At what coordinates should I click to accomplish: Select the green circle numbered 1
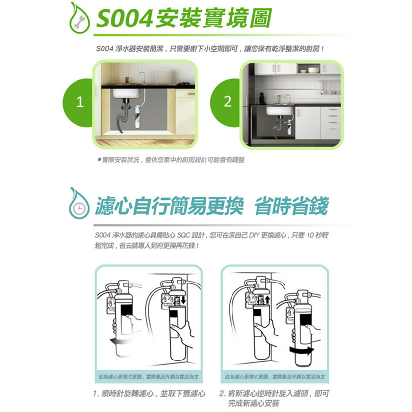click(x=79, y=103)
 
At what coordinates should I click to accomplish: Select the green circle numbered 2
click(x=227, y=103)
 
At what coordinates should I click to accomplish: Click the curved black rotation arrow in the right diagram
click(x=301, y=349)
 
